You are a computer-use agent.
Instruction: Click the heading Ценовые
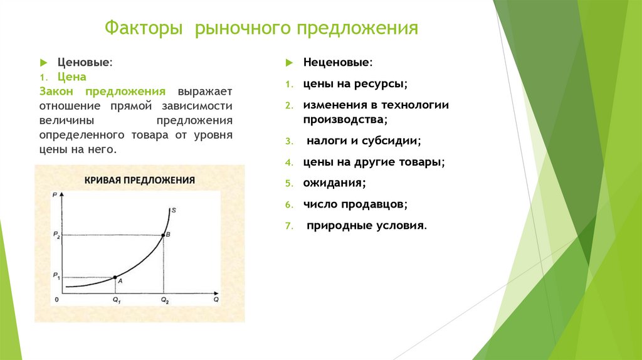[x=85, y=62]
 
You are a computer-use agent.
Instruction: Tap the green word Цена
[x=71, y=77]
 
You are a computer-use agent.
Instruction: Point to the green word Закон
[x=56, y=92]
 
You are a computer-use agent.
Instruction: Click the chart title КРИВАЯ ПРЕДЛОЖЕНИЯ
[x=140, y=180]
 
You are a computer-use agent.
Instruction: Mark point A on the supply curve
[x=115, y=277]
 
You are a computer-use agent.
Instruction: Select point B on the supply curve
[x=163, y=235]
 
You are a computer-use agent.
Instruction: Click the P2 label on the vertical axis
[x=56, y=235]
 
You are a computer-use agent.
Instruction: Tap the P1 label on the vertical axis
[x=56, y=276]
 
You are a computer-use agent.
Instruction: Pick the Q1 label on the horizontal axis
[x=117, y=300]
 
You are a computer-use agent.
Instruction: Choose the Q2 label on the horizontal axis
[x=165, y=300]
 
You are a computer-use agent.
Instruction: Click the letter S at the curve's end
[x=174, y=210]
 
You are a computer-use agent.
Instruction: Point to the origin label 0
[x=56, y=299]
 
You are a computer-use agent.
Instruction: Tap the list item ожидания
[x=335, y=183]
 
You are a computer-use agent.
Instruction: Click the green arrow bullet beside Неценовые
[x=289, y=63]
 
